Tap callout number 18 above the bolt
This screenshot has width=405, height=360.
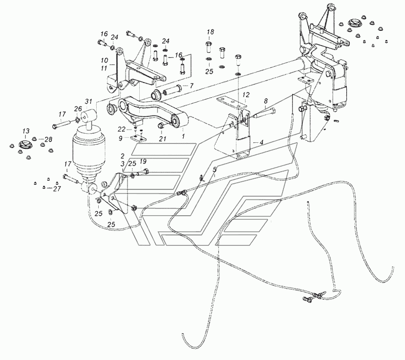tap(210, 32)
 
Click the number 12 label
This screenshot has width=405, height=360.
tap(246, 95)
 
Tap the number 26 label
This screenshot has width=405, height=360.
tap(77, 108)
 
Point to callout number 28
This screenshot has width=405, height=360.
tap(48, 139)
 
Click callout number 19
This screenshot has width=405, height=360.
tap(143, 162)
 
